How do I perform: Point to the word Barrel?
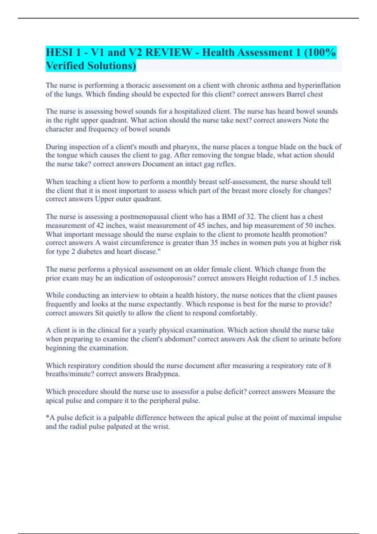tap(296, 94)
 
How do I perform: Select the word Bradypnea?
tap(162, 374)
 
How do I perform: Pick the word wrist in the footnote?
tap(161, 427)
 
